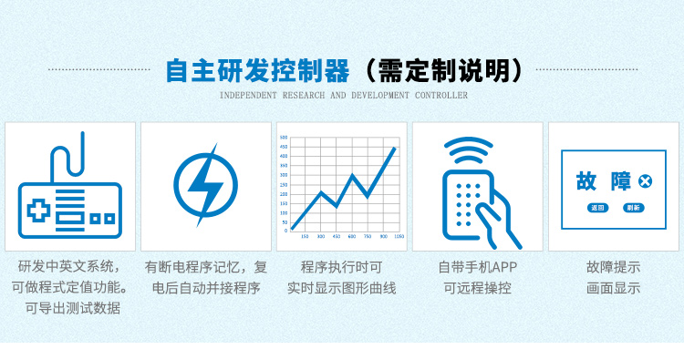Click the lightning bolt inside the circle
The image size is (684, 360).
[x=204, y=185]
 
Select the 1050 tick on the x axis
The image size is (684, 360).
[x=399, y=237]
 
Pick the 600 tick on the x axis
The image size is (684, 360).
[x=352, y=237]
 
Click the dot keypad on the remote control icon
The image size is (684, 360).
[x=466, y=201]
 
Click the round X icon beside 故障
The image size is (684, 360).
[x=646, y=182]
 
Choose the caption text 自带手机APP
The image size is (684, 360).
[x=477, y=267]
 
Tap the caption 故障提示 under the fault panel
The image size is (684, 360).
[x=613, y=267]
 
